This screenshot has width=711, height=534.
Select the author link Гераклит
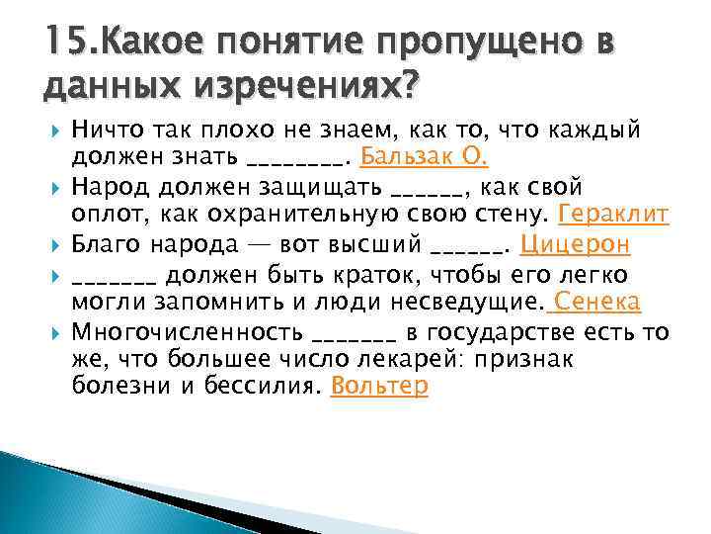coord(614,214)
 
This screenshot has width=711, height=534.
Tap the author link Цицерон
coord(574,243)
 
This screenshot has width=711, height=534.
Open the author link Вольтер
coord(380,386)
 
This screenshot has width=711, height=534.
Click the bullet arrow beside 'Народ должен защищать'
coord(51,186)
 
